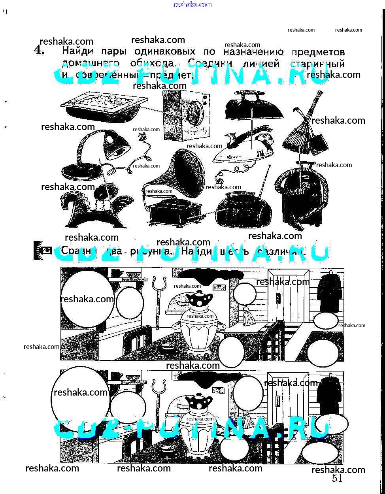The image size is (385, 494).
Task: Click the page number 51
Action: (337, 479)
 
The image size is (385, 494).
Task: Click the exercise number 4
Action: (39, 51)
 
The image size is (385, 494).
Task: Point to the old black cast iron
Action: (253, 105)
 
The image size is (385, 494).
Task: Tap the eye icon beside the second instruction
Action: (47, 250)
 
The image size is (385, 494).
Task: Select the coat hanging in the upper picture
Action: (330, 292)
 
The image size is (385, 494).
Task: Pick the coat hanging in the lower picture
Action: (330, 395)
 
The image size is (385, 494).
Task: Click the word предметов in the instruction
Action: (318, 52)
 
